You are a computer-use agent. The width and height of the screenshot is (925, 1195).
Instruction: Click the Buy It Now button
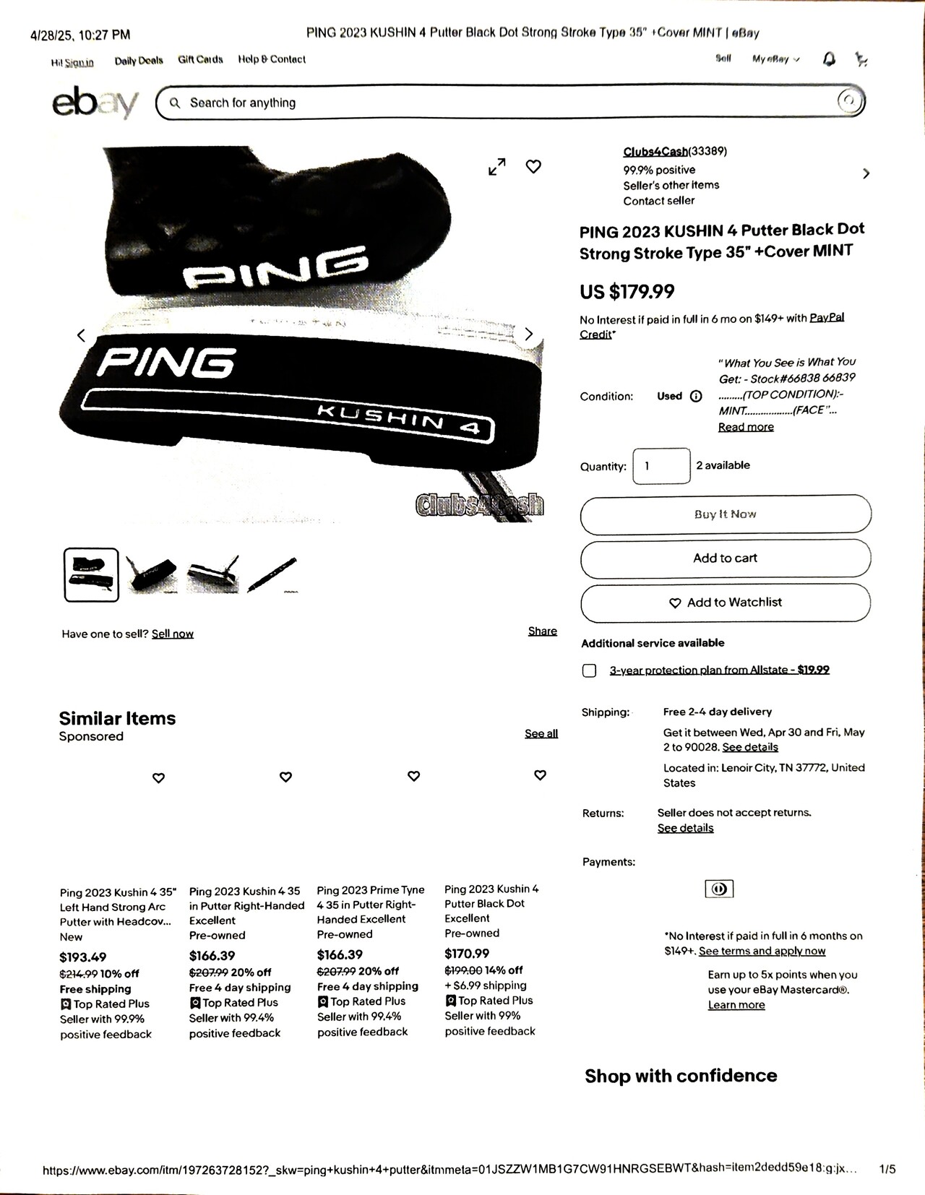725,514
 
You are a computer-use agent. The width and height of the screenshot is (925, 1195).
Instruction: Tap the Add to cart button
725,558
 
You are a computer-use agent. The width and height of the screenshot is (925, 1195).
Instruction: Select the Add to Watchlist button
726,603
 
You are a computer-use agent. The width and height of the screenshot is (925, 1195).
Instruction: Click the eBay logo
95,103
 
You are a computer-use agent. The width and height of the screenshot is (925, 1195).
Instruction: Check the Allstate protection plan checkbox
590,670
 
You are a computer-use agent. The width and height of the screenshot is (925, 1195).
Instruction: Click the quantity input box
661,466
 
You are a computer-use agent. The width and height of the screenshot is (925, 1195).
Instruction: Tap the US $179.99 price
627,291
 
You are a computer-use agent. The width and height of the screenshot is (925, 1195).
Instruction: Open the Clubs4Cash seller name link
655,152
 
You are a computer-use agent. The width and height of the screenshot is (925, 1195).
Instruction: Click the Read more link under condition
746,427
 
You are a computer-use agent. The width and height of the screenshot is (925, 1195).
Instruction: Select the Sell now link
173,634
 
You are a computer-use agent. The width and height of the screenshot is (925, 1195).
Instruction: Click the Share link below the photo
542,631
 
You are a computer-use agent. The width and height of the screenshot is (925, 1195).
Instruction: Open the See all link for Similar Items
541,733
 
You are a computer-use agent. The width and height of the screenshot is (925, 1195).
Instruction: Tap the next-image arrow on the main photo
528,334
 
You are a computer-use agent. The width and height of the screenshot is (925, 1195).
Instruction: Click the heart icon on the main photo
533,167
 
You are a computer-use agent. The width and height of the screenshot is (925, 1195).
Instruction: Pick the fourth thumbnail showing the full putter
272,575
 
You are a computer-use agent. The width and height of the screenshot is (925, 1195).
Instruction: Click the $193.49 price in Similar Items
83,957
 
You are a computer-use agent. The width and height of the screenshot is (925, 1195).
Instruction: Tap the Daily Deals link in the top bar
139,61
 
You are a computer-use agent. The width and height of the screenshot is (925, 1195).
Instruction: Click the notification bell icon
829,59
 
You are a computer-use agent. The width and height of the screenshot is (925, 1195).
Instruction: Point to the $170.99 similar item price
467,954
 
